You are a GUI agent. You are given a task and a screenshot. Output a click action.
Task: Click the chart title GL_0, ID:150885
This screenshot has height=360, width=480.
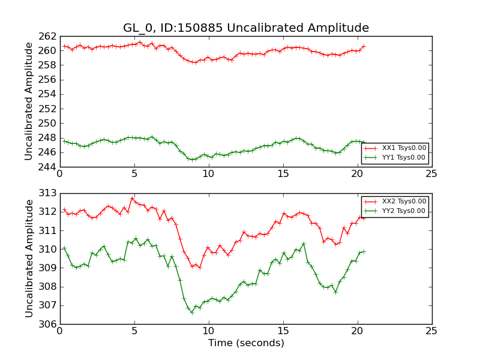coord(246,28)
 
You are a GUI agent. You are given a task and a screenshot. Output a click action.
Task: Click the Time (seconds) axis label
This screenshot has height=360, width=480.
coord(246,343)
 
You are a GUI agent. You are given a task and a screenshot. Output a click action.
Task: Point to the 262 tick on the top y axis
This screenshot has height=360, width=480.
coord(48,36)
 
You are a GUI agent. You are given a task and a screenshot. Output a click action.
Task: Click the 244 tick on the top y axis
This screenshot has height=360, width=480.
coord(48,167)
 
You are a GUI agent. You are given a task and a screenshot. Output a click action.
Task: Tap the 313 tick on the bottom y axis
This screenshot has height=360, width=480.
coord(48,193)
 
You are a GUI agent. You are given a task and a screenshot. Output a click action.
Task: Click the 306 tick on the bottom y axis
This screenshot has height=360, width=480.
coord(48,324)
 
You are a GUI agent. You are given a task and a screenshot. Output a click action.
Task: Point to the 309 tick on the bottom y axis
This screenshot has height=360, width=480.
coord(48,268)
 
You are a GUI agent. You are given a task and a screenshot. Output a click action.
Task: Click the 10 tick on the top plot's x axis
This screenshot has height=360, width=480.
coord(208,175)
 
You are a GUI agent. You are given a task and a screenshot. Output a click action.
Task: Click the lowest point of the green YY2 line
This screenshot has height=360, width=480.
coord(192,313)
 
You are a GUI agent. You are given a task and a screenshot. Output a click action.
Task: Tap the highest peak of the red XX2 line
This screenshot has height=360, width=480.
coord(132,198)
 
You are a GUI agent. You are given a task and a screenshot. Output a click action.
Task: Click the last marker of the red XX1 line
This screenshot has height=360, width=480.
coord(364,46)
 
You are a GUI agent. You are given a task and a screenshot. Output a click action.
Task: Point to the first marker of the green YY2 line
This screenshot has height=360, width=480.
coord(64,248)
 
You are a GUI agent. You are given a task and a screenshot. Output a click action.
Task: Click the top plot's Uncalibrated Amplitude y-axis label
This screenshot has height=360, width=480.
coord(29,101)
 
